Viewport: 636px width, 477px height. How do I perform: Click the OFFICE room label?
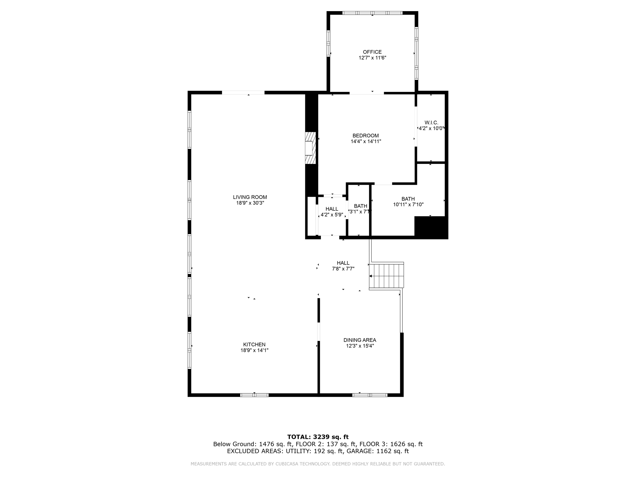372,52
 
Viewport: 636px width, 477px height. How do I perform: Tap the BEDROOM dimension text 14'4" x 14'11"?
366,142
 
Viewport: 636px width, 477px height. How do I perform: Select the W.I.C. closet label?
431,123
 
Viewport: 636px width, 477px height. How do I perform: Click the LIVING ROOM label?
250,197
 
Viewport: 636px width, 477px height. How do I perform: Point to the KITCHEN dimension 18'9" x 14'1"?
254,350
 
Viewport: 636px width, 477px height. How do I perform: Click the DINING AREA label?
360,340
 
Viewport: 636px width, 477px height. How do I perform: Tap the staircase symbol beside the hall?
386,276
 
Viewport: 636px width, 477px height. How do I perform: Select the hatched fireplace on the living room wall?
310,148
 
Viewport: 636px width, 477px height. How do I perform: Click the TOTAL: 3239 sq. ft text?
318,437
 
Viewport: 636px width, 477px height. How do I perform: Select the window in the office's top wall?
372,13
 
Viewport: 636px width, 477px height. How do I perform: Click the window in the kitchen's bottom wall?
254,395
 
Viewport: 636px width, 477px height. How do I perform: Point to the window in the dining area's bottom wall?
370,395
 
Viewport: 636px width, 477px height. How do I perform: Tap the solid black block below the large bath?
431,227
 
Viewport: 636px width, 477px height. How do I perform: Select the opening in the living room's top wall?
243,93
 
